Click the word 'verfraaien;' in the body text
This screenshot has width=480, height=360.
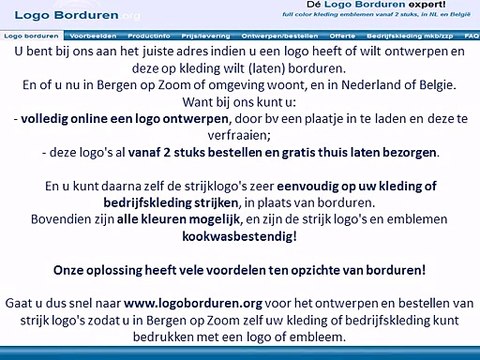pyautogui.click(x=240, y=136)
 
